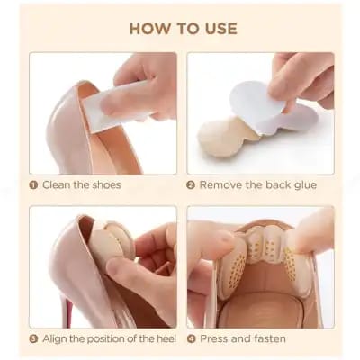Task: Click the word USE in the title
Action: (x=217, y=28)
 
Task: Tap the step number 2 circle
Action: (x=191, y=185)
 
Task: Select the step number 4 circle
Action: (x=191, y=339)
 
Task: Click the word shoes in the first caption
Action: (x=104, y=185)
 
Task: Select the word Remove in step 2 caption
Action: (x=220, y=185)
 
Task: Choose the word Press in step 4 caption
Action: (x=214, y=339)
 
